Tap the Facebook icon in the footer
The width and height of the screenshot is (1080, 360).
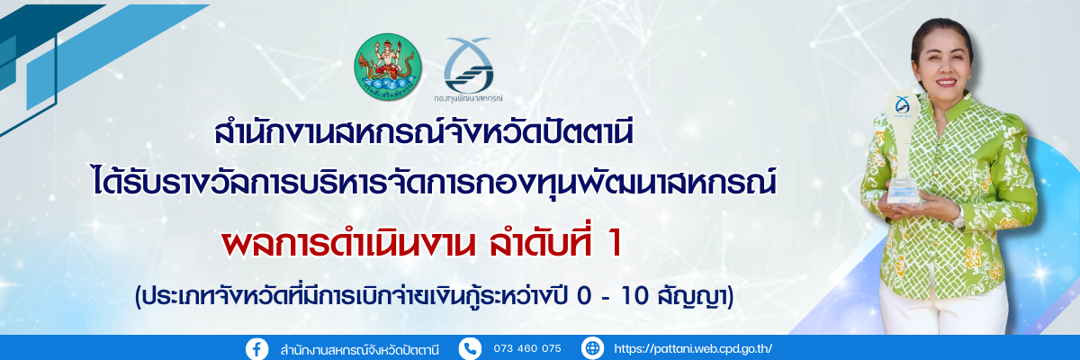pos(257,348)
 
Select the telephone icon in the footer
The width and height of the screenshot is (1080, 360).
pos(471,348)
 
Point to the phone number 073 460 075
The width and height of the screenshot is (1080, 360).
pos(527,349)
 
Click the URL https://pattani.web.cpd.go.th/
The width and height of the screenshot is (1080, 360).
pos(693,349)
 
